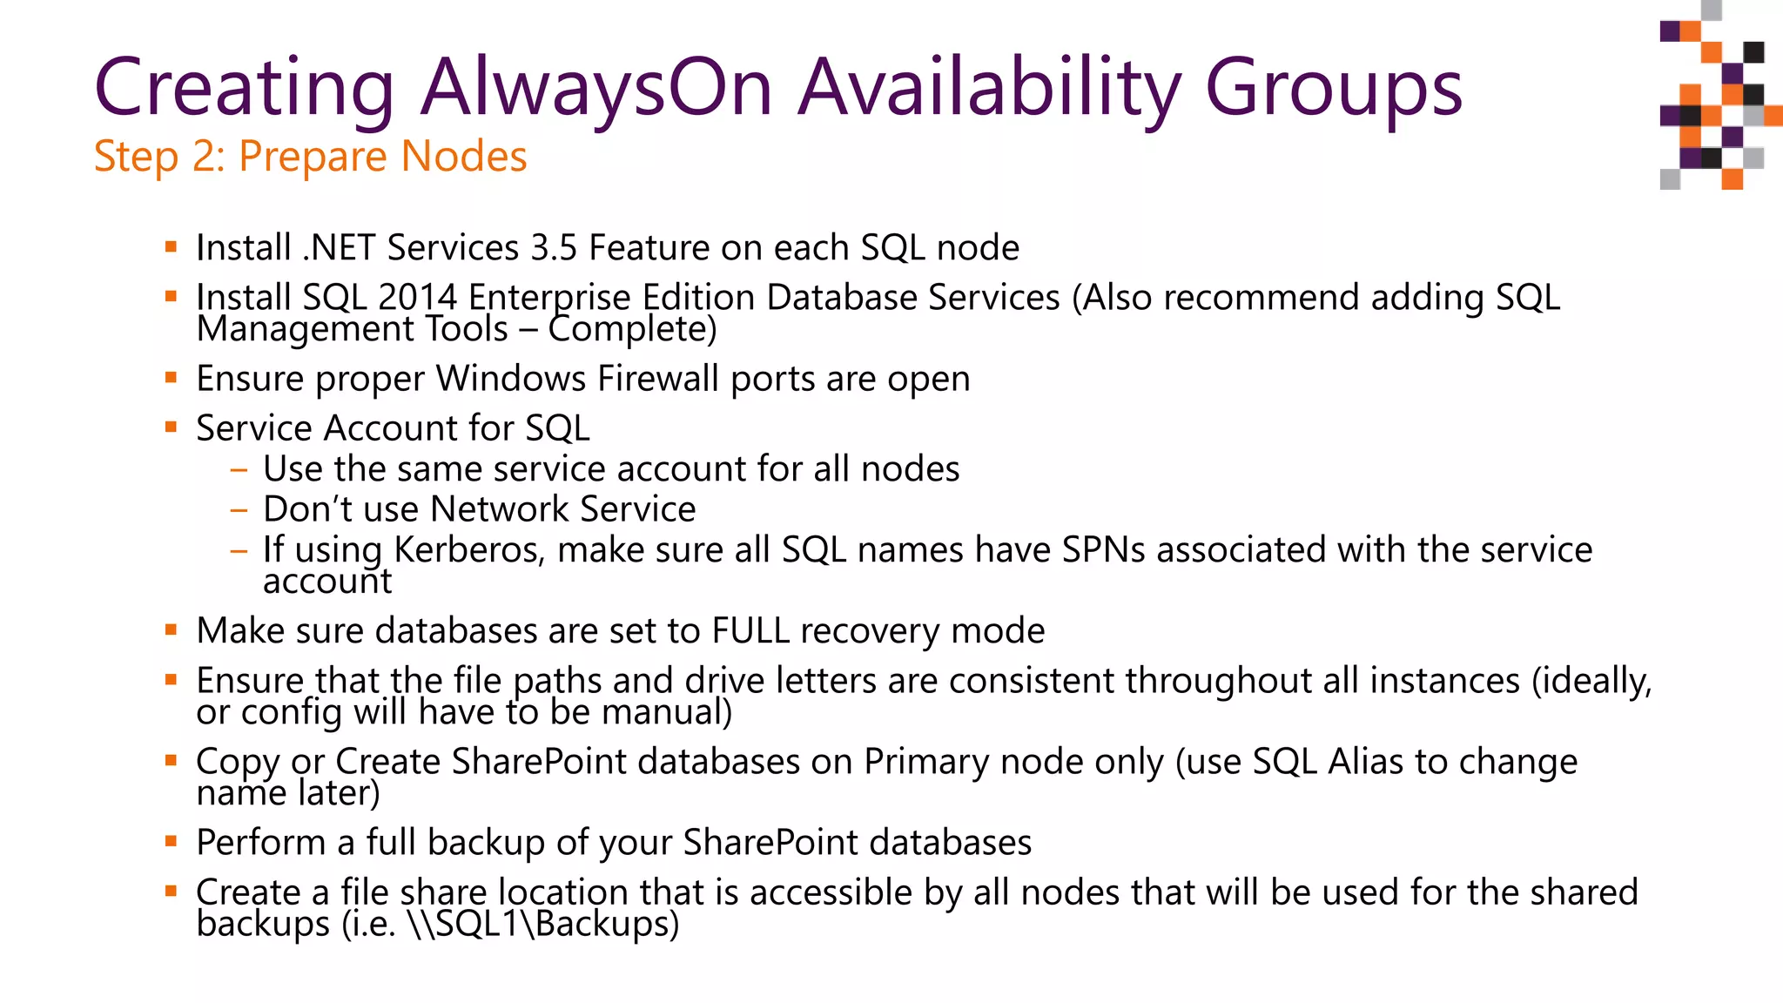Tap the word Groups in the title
pyautogui.click(x=1333, y=89)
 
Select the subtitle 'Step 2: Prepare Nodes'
pyautogui.click(x=310, y=158)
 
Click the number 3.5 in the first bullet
pyautogui.click(x=554, y=248)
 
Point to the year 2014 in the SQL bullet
pyautogui.click(x=417, y=298)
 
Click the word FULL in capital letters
pyautogui.click(x=750, y=631)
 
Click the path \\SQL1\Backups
pyautogui.click(x=542, y=924)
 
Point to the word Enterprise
pyautogui.click(x=549, y=298)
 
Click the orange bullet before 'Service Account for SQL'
pyautogui.click(x=171, y=427)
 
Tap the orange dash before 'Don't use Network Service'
pyautogui.click(x=239, y=510)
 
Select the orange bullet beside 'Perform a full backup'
pyautogui.click(x=171, y=841)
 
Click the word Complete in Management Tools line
pyautogui.click(x=632, y=329)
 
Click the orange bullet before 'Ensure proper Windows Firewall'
pyautogui.click(x=171, y=377)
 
